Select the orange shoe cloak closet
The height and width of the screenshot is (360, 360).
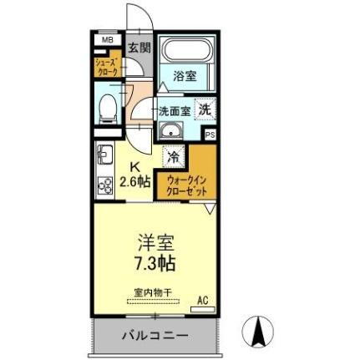(x=105, y=67)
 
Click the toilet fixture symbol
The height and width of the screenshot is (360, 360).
(x=107, y=108)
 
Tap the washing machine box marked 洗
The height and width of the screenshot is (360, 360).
(x=205, y=108)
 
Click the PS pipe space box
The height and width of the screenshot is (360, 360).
(x=210, y=134)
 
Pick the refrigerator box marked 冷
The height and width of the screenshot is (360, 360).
(x=174, y=156)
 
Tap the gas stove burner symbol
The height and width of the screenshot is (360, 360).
(x=105, y=185)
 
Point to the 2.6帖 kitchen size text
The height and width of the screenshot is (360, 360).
(x=134, y=182)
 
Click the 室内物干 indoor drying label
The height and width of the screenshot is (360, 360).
(x=153, y=292)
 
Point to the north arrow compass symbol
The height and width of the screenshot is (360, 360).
(x=258, y=332)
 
